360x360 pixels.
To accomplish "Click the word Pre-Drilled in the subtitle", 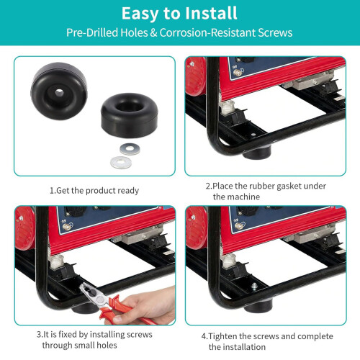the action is click(92, 32).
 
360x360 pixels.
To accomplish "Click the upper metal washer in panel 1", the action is click(130, 149).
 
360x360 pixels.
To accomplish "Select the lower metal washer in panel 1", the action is click(121, 163).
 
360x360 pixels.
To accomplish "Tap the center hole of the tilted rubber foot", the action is click(59, 93).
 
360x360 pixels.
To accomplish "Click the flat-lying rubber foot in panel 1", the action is click(130, 115).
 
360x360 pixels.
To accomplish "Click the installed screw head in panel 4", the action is click(254, 286).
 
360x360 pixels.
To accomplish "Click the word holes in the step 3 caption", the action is click(107, 345).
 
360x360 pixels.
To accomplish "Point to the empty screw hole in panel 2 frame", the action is click(253, 135).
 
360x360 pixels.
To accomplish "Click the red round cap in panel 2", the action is click(196, 76).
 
